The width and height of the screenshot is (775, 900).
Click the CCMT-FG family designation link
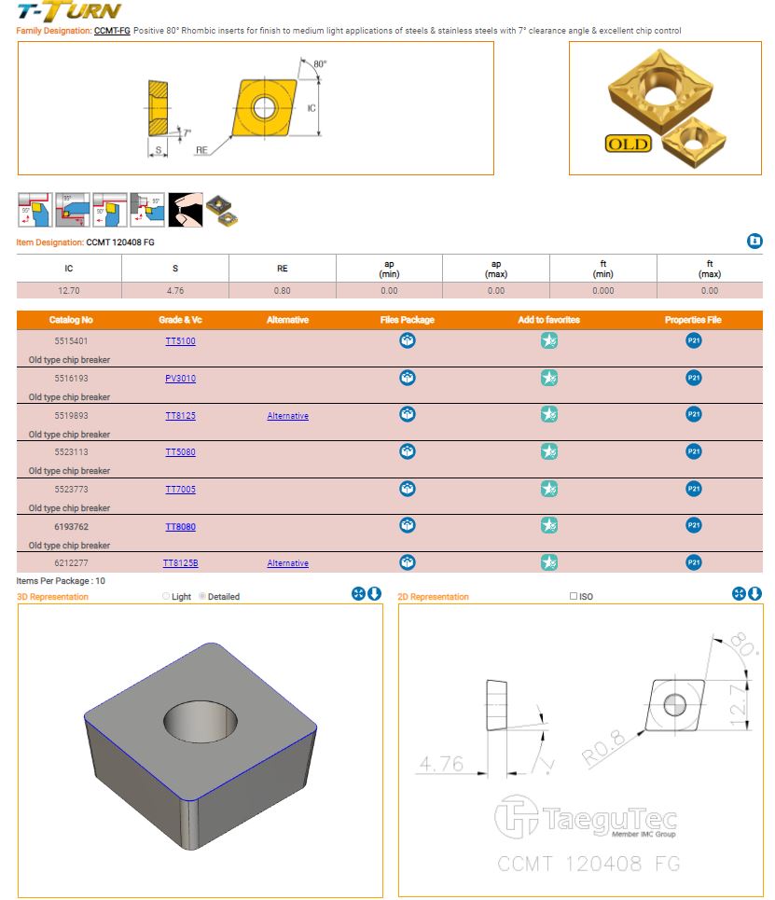point(112,31)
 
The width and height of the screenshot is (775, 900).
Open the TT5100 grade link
point(180,341)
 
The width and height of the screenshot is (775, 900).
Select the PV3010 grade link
point(180,379)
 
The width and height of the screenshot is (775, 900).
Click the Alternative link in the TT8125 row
point(287,416)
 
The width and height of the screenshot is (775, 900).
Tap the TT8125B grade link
point(180,563)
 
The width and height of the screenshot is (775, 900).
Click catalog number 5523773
point(71,489)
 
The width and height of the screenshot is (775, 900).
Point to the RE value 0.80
point(282,290)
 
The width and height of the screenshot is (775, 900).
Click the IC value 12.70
point(69,290)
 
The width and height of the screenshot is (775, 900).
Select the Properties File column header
point(693,320)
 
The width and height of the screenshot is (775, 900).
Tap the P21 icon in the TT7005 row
point(694,489)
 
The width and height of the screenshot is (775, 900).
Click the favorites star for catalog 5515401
point(548,340)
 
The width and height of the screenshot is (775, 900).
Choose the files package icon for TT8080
point(407,525)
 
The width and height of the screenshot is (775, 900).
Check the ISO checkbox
point(573,596)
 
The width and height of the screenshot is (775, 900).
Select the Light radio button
point(166,596)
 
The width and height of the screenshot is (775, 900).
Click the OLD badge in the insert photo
point(628,144)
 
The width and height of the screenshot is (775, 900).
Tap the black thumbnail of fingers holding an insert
point(186,210)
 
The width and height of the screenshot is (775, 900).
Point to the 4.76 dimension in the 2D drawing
point(441,764)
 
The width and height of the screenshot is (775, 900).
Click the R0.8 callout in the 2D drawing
point(602,747)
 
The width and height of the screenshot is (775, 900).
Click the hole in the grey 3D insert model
point(201,721)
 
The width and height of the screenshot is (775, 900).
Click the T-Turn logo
point(69,11)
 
